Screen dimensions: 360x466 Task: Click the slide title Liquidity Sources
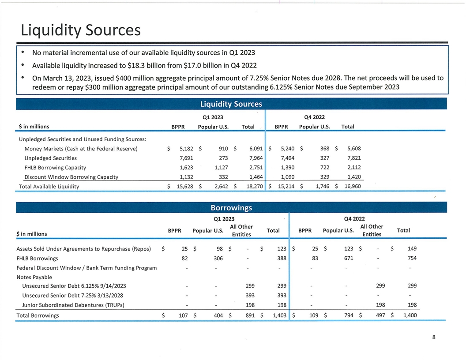80,30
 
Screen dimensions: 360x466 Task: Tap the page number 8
434,337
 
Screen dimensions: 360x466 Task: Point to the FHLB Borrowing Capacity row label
55,168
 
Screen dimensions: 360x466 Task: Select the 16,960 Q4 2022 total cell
352,186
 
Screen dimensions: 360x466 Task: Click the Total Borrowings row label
38,315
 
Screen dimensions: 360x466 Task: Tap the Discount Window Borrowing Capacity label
71,177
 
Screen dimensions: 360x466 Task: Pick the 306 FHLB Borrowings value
217,259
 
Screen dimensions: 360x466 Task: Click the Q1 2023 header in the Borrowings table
224,219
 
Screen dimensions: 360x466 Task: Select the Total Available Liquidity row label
49,186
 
